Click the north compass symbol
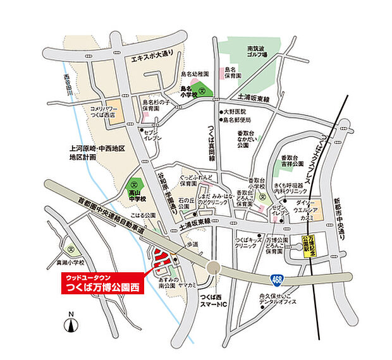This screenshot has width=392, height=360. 71,325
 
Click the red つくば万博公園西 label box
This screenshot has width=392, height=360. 103,284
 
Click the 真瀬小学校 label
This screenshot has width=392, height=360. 69,261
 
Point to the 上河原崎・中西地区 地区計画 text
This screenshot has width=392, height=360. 98,152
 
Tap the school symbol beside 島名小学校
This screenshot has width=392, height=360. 202,90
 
